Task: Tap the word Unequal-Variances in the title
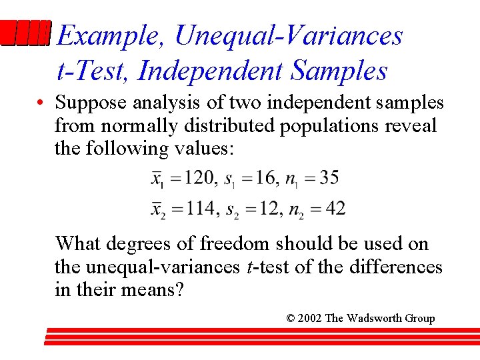[x=288, y=35]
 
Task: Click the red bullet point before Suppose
[x=41, y=104]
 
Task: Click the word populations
[x=332, y=126]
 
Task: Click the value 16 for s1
[x=265, y=178]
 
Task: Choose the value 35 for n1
[x=328, y=178]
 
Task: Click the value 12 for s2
[x=270, y=209]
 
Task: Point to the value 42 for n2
[x=336, y=209]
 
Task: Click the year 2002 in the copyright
[x=309, y=319]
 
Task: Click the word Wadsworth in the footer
[x=374, y=319]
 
